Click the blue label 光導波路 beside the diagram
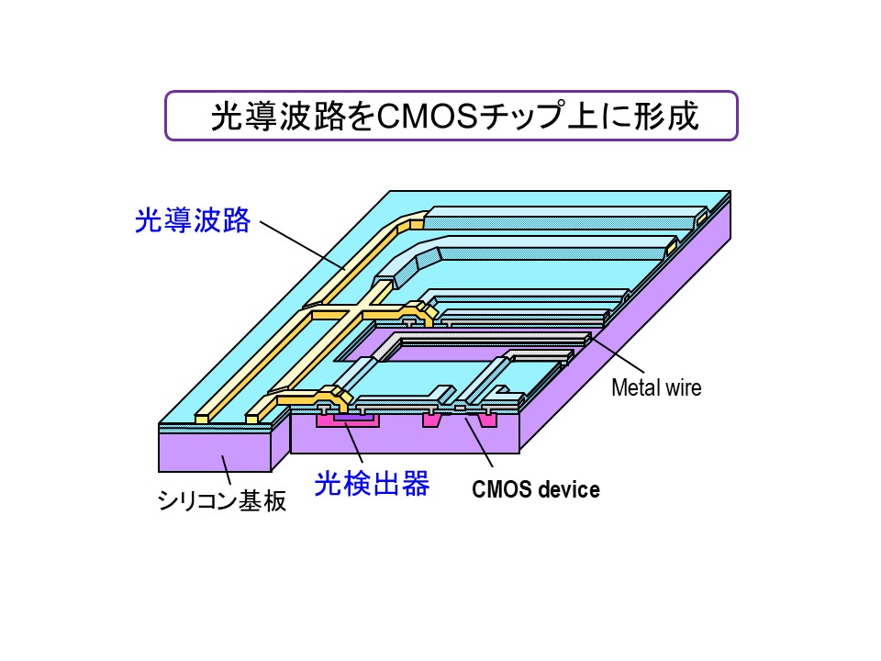tap(192, 220)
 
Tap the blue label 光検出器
tap(372, 484)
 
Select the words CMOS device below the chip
tap(536, 489)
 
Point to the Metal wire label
tap(656, 387)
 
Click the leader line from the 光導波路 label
tap(303, 244)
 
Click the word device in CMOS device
tap(569, 489)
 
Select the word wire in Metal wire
tap(685, 387)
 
